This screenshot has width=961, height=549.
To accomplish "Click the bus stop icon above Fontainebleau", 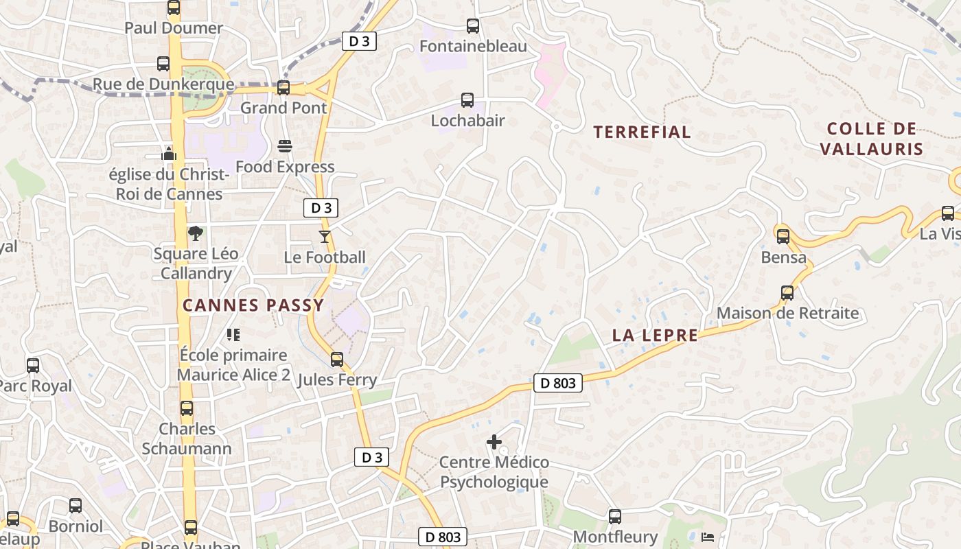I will coord(472,26).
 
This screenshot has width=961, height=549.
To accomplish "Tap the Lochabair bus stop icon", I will coord(467,100).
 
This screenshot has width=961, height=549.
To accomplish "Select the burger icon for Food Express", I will coord(285,146).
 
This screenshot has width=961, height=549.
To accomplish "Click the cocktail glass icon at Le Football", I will coord(325,237).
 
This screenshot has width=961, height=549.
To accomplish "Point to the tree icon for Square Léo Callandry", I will coord(196,233).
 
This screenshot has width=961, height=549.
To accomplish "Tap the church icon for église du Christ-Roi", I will coord(169,153).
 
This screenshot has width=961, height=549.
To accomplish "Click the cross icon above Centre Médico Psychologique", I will coord(494,442).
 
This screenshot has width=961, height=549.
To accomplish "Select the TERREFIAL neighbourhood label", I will coord(642,132).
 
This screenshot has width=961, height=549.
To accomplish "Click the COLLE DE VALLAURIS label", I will coord(872,139).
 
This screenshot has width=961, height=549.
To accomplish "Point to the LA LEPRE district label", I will coord(655,336).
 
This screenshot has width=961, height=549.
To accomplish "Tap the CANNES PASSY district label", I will coord(253,305).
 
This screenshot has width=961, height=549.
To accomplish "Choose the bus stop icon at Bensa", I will coord(783,237).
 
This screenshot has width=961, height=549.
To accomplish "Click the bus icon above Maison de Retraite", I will coord(787,293).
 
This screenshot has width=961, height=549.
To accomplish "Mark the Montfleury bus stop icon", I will coord(615,516).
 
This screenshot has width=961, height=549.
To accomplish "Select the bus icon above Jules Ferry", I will coord(337,360).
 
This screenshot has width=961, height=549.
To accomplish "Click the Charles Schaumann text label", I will coord(187,439).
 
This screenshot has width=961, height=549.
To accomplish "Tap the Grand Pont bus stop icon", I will coord(283,88).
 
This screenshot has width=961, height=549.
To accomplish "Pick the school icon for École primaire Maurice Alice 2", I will coord(233,335).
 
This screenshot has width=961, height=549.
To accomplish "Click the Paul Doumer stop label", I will coord(174,28).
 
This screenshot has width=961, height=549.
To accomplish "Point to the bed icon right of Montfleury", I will coord(708,536).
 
